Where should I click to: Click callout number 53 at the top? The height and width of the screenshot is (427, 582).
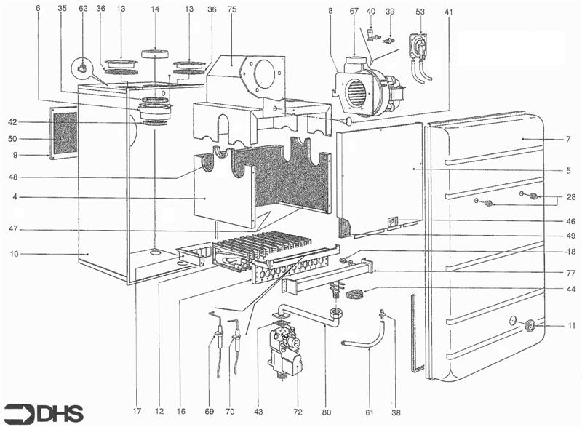point(420,12)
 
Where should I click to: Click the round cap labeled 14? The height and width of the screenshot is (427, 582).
point(154,54)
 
